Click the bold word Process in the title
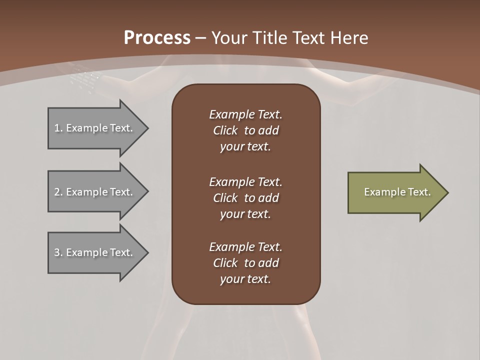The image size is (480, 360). pos(157,38)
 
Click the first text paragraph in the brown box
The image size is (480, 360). pos(245,130)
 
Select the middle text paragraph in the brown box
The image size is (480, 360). pos(245,198)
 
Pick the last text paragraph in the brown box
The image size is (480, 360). pos(245,263)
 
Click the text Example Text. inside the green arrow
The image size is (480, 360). pos(397,192)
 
